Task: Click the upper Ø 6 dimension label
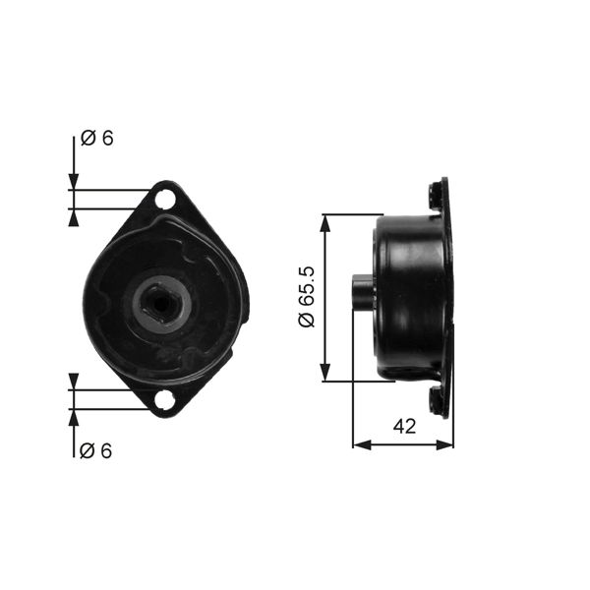pos(96,139)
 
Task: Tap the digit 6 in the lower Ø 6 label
pos(106,450)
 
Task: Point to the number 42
pos(404,426)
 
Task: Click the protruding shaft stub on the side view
pos(362,294)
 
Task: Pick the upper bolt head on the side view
pos(434,196)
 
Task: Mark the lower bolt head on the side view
pos(434,400)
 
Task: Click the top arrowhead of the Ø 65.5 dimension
pos(325,222)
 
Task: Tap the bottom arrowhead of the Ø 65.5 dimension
pos(325,374)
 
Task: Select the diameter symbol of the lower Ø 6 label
pos(88,450)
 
